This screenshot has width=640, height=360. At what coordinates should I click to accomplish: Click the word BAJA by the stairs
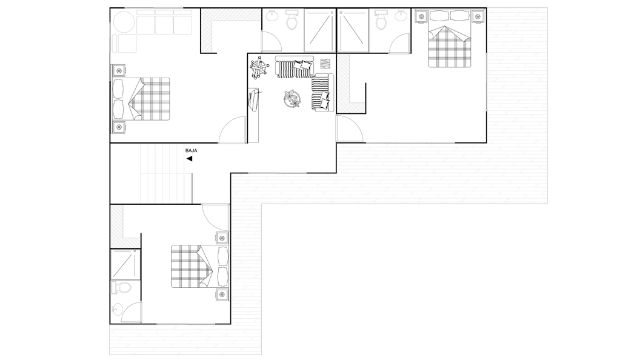191,151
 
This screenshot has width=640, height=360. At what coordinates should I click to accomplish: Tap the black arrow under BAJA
189,159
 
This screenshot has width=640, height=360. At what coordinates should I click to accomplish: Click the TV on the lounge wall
253,101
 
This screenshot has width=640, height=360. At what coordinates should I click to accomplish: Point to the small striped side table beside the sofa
325,64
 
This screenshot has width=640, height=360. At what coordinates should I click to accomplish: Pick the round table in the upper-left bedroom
124,21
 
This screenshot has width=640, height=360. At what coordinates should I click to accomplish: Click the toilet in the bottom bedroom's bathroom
121,288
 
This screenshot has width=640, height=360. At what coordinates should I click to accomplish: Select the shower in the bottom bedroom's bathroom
125,264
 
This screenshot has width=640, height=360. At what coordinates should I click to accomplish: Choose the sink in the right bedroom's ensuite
401,16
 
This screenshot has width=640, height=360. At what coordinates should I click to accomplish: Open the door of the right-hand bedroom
349,128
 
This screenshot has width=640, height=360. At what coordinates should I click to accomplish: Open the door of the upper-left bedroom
233,130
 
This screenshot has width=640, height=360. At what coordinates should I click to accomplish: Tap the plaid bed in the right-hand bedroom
450,47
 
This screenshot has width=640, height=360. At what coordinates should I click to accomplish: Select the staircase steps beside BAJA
165,173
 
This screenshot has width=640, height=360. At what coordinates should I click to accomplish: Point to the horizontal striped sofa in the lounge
295,67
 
